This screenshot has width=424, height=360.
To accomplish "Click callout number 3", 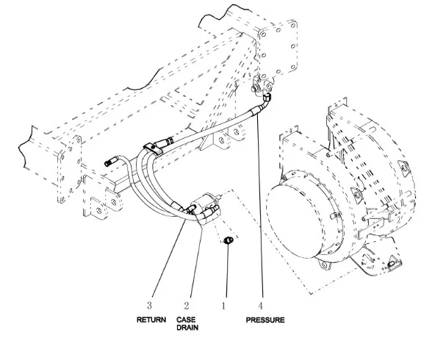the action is (x=149, y=306).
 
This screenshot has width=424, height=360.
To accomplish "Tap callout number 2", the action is (x=187, y=306).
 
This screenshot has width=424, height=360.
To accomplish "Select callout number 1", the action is (x=223, y=306).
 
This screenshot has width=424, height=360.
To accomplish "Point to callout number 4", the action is (x=260, y=306).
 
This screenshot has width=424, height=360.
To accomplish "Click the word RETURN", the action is (x=151, y=320).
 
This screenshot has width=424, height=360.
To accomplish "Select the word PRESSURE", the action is (x=265, y=320).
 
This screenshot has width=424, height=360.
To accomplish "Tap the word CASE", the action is (x=186, y=320).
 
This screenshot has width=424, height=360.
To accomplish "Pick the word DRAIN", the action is (x=187, y=328).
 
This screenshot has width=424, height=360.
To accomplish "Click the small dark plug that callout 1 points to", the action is (x=229, y=240).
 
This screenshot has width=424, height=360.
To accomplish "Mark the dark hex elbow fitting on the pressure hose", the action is (x=266, y=98).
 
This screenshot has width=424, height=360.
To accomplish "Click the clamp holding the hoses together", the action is (x=152, y=149).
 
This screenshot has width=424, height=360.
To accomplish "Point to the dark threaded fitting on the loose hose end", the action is (x=109, y=162).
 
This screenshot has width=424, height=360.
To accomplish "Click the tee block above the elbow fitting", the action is (x=262, y=86).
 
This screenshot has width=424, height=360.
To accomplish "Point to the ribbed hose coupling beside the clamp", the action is (x=165, y=142).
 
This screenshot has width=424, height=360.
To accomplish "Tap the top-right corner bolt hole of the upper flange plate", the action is (x=293, y=26).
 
